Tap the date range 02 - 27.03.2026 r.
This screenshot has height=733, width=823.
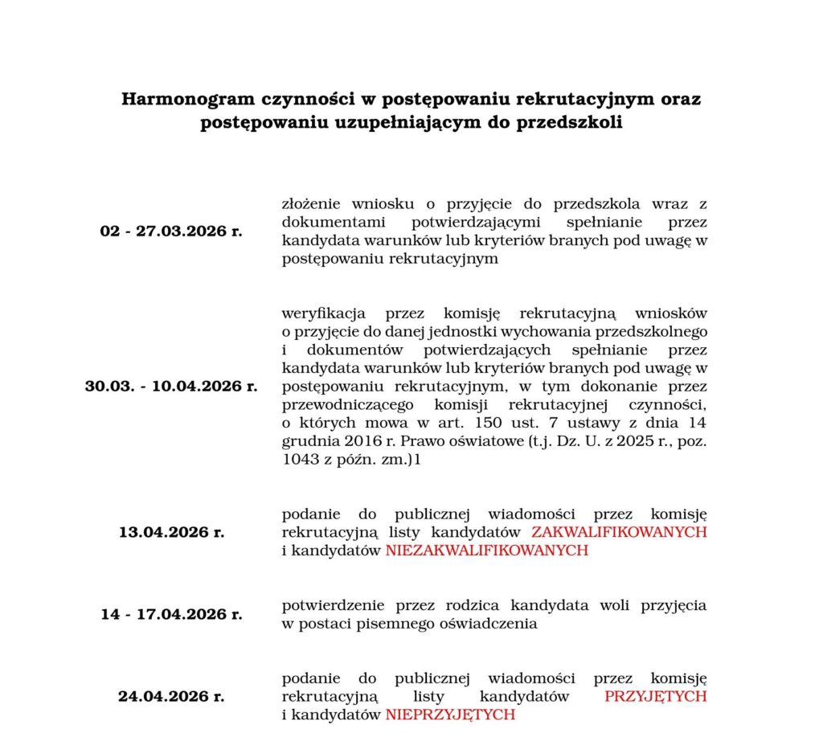(x=171, y=231)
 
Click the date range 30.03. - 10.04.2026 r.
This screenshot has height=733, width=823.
(x=171, y=387)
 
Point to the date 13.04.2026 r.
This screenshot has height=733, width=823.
(x=171, y=532)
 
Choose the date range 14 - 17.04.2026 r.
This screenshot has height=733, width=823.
(x=171, y=615)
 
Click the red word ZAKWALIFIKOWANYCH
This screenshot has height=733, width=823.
(x=620, y=532)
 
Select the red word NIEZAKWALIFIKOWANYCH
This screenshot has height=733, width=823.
(x=487, y=551)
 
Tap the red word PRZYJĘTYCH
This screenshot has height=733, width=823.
(x=656, y=695)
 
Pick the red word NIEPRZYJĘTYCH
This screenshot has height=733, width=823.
(x=450, y=714)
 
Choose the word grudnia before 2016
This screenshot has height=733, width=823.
(x=308, y=442)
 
